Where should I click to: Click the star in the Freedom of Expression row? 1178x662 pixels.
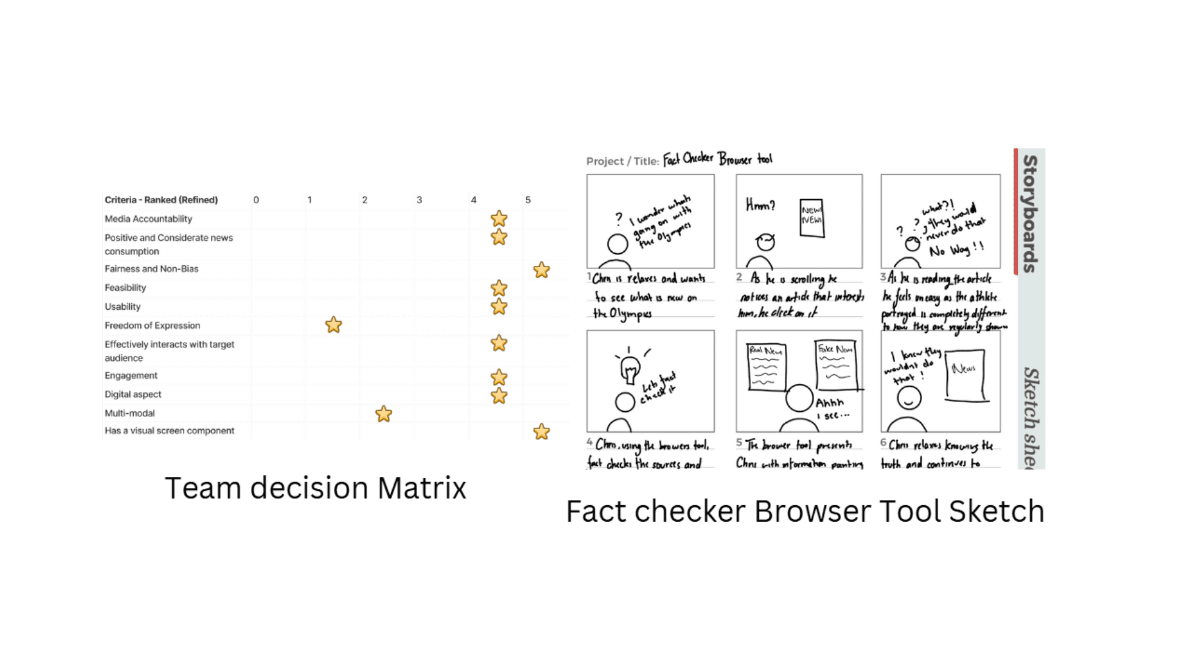click(x=333, y=325)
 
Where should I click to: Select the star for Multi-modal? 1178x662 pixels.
click(x=383, y=414)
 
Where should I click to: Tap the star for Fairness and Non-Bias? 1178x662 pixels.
click(x=541, y=270)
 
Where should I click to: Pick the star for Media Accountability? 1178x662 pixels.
click(x=499, y=219)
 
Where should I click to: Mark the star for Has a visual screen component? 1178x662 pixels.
click(x=541, y=432)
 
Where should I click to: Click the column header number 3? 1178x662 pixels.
click(x=419, y=200)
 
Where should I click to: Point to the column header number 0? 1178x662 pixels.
click(x=256, y=200)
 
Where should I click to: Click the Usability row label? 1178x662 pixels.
click(x=123, y=306)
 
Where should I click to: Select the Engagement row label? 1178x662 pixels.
click(x=131, y=375)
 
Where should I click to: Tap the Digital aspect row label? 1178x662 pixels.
click(x=133, y=394)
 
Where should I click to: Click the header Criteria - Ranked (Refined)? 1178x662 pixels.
click(x=161, y=200)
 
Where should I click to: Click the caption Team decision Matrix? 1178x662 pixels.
click(x=315, y=488)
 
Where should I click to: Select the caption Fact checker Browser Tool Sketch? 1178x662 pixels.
click(x=805, y=511)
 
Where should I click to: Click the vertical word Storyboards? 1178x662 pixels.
click(x=1030, y=213)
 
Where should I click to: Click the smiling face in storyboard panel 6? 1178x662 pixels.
click(x=909, y=398)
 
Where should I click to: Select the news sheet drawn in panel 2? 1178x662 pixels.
click(x=812, y=218)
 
